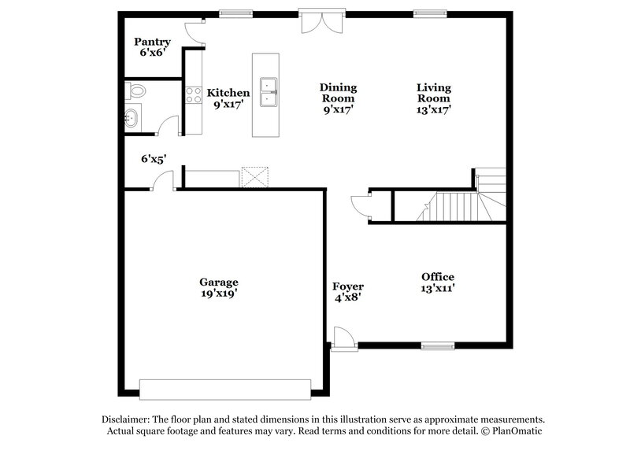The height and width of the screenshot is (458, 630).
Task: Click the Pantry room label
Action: click(x=152, y=42)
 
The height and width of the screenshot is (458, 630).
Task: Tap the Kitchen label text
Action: click(x=228, y=93)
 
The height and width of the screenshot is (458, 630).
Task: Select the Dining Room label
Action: click(x=338, y=87)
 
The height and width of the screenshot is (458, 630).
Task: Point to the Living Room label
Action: click(x=434, y=87)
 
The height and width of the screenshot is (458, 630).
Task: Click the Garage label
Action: click(x=218, y=282)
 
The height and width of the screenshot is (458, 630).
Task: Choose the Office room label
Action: click(x=438, y=276)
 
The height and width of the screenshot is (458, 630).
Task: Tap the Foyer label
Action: click(x=347, y=286)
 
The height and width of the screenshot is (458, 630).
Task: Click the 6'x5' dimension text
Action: click(x=154, y=159)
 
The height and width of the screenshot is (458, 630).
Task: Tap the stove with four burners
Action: click(x=193, y=95)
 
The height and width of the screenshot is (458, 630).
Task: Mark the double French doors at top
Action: click(x=321, y=20)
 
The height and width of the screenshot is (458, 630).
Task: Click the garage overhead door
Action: click(x=224, y=390)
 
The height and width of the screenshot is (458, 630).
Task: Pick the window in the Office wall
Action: click(x=437, y=345)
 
